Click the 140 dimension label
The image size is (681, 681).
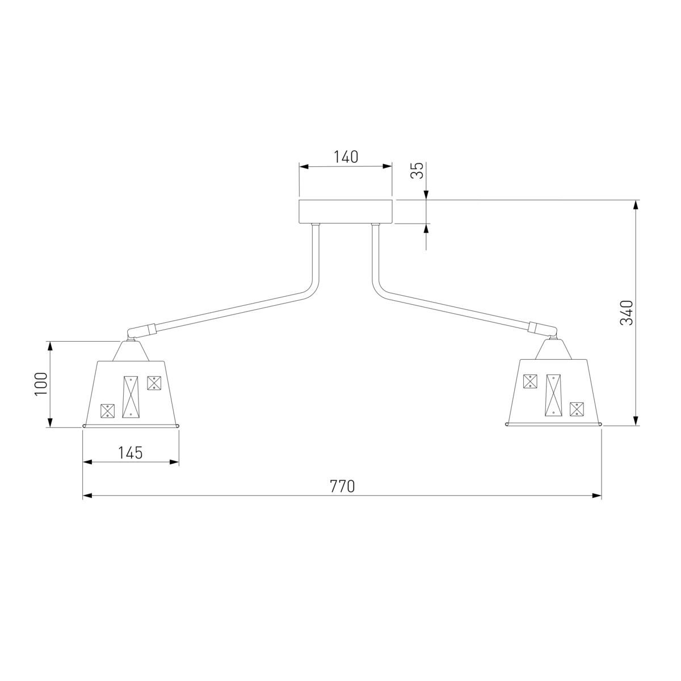point(346,157)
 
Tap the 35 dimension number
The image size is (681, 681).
point(418,171)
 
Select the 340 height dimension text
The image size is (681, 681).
point(627,313)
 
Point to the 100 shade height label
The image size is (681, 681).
point(41,384)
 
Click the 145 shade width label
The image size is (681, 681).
point(131,453)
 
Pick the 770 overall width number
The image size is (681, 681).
point(342,486)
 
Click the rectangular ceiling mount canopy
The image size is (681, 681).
point(345,212)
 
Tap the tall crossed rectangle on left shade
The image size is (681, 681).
point(130,397)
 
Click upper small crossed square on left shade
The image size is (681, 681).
point(154,383)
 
